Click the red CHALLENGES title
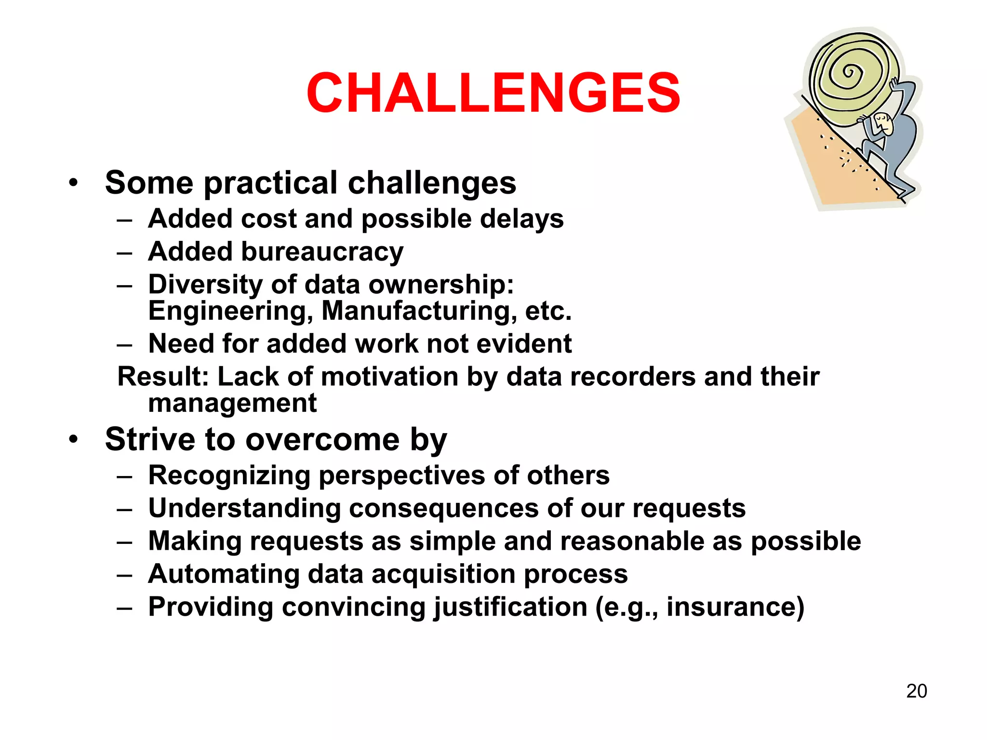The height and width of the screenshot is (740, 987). [x=493, y=92]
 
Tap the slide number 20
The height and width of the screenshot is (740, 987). [x=916, y=691]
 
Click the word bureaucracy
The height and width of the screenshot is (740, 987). [x=322, y=252]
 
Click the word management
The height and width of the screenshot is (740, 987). [x=232, y=403]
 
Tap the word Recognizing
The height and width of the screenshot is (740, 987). [x=229, y=476]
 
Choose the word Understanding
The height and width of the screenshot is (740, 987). [x=244, y=508]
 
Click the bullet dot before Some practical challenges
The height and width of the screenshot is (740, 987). [x=73, y=183]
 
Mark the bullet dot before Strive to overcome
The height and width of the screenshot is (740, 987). [x=73, y=439]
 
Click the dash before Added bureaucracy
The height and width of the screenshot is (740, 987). [x=124, y=252]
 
